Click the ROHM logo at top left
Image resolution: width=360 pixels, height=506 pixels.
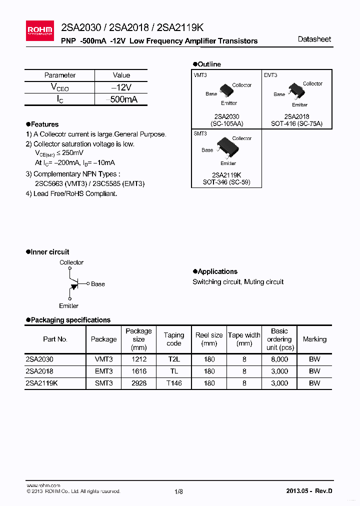(x=39, y=30)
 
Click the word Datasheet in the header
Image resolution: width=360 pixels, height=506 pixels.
(x=314, y=39)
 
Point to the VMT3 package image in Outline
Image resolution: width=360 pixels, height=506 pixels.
(x=226, y=91)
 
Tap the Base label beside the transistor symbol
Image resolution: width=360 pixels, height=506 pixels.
(x=98, y=284)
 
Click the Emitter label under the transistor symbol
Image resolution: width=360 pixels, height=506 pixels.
(x=69, y=305)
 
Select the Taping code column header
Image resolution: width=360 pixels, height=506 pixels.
(x=174, y=339)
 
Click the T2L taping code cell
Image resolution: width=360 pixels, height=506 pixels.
(x=174, y=359)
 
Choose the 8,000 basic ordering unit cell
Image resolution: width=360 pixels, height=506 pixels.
(x=279, y=359)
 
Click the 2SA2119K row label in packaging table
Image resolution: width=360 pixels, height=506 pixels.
(x=41, y=383)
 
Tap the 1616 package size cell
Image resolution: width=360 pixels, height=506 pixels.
(x=138, y=371)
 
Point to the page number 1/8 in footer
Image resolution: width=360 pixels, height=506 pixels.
(x=179, y=491)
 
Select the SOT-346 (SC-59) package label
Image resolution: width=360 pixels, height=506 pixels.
(x=226, y=182)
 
